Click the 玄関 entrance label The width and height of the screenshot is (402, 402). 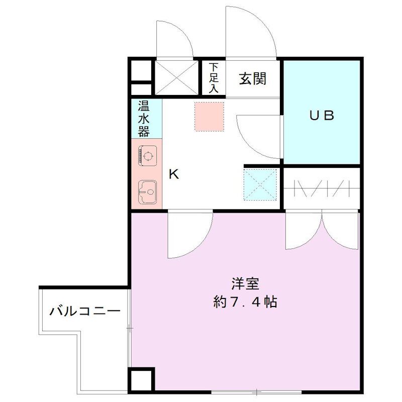[252, 79]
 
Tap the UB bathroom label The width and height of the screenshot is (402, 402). [322, 116]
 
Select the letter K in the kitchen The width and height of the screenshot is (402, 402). [173, 174]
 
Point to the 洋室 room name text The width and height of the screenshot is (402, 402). [245, 284]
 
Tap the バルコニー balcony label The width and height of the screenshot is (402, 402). [85, 311]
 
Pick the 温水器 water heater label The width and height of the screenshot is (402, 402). [144, 119]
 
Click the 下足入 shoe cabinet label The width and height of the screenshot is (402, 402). [214, 78]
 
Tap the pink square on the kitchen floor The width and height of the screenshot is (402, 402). [209, 117]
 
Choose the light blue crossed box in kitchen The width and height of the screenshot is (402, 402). [260, 183]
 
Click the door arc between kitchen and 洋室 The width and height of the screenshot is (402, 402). [188, 234]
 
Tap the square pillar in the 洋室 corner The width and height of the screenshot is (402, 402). [142, 380]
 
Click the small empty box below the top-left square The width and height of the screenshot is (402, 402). [141, 90]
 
